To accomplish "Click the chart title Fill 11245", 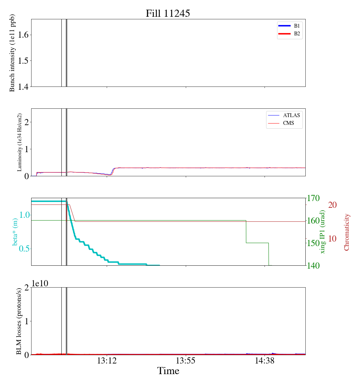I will click(x=168, y=14).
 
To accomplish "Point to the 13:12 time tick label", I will click(x=107, y=361).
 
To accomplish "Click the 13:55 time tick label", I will click(x=186, y=361).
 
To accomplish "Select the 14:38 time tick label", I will click(x=265, y=361).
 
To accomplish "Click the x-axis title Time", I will click(x=168, y=371).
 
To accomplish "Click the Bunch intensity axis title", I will click(x=12, y=53).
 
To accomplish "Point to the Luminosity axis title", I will click(x=20, y=142).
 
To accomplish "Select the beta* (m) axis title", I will click(x=15, y=232).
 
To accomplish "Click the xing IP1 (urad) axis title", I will click(x=323, y=232).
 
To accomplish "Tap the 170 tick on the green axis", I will click(x=313, y=198).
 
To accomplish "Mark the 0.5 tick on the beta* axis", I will click(x=24, y=249).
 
